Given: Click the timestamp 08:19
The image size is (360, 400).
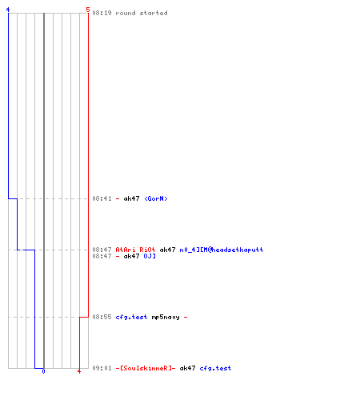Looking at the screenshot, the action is coord(102,13).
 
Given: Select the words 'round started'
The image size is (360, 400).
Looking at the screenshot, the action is coord(142,13).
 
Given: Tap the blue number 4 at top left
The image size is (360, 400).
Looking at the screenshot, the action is coord(8,10).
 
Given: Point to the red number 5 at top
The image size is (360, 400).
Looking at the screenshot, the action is coord(88,10).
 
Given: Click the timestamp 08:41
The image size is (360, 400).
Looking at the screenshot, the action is coord(102,198).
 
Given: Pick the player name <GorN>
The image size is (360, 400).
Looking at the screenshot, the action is coord(156,198).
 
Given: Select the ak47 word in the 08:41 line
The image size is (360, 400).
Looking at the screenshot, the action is coord(131,198).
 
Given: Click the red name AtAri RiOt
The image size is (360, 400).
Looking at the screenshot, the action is coord(135,250).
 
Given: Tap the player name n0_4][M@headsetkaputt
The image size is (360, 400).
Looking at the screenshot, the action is coord(222,250).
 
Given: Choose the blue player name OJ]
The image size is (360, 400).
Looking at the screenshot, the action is coord(150,256).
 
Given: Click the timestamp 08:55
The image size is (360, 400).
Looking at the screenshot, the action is coord(102,317).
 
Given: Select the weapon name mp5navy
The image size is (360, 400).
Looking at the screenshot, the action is coord(166,317).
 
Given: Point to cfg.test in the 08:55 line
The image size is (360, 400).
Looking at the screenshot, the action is coord(131,317).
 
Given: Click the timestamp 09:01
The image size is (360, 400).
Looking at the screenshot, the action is coord(102,368).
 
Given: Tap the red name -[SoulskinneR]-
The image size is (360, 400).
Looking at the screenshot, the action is coord(146,368).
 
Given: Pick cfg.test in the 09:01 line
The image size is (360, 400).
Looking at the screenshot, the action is coord(215,368).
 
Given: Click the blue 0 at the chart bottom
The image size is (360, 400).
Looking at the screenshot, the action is coord(43,371).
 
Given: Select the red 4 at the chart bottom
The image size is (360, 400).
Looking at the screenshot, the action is coord(79,371).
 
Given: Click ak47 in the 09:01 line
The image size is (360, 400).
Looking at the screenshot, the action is coord(187,368).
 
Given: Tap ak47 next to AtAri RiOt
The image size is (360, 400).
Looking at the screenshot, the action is coord(167,250).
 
